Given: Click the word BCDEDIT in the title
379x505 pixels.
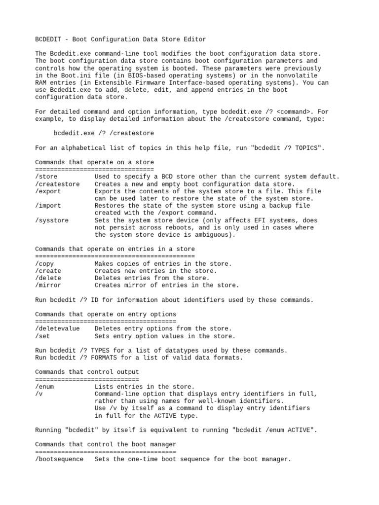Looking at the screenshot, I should point(48,39).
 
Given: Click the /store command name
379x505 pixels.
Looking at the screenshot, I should point(46,177).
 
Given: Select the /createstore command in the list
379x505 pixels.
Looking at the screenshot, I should point(57,184).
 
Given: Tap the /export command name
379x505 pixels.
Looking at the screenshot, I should point(48,191).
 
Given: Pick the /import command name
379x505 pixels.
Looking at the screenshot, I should point(48,206).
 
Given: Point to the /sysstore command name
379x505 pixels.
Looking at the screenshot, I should point(52,220).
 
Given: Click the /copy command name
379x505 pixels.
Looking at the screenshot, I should point(44,264).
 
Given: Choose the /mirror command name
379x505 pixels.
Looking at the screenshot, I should point(48,285).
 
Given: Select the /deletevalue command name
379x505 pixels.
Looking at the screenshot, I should point(57,328).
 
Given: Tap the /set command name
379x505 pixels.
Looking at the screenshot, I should point(42,336).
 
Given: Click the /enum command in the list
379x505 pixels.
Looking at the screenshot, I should point(44,387).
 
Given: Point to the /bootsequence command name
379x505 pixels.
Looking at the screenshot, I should point(59,459).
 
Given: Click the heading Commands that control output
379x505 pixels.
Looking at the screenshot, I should point(87,372).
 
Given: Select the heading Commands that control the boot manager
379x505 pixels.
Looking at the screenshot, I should point(106,444).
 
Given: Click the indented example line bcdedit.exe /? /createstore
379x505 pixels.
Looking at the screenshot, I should point(104,133).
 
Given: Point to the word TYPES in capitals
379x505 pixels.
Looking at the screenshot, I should point(102,350).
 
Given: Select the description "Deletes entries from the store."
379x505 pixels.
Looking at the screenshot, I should point(152,278).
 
